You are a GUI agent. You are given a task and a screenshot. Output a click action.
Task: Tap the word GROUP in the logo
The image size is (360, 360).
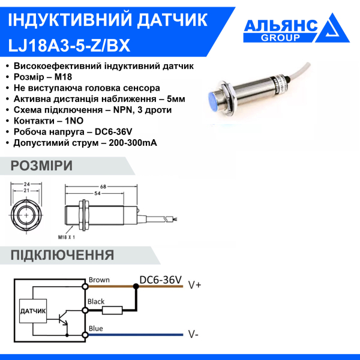281,38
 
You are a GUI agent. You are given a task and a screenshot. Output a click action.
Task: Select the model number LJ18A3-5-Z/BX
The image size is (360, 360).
68,45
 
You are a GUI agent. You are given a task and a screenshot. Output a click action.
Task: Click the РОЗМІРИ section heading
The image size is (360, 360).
42,166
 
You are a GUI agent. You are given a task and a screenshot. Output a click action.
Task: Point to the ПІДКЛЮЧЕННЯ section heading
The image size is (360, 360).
62,255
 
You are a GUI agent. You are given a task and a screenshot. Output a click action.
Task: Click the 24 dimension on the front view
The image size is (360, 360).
27,184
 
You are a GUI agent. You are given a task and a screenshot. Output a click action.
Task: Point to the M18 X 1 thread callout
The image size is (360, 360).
68,238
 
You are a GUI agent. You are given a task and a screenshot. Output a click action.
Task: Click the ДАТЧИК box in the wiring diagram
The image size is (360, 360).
33,311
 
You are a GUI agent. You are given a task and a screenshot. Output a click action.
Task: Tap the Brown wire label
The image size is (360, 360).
98,280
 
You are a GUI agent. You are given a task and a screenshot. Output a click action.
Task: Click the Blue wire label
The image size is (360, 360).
95,328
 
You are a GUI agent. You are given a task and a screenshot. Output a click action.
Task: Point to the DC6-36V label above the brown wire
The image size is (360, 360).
160,280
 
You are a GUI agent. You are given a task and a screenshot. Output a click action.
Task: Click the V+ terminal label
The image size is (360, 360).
194,284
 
